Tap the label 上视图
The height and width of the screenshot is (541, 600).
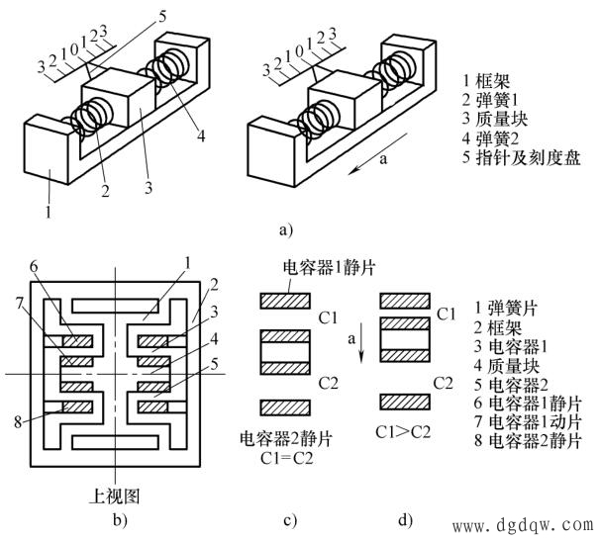(117, 495)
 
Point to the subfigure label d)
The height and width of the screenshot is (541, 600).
(405, 518)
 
